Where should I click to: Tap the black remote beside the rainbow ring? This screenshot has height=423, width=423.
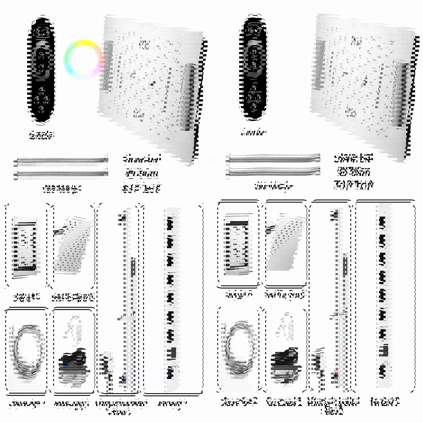(41, 70)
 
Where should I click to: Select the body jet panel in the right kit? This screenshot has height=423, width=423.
(238, 244)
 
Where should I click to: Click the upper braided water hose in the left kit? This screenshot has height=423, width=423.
(61, 161)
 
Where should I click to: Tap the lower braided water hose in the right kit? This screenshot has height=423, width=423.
(274, 171)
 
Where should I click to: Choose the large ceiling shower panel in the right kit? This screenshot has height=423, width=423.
(364, 82)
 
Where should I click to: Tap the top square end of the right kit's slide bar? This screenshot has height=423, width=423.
(335, 215)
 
